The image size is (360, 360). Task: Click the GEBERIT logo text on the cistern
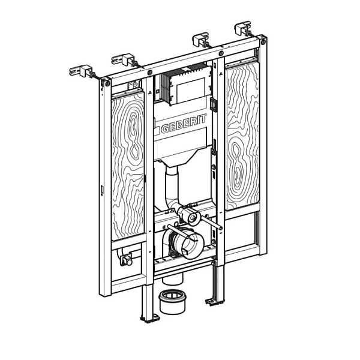(x=184, y=125)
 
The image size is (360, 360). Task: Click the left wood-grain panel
(x=128, y=166)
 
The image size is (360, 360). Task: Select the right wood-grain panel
(x=242, y=136)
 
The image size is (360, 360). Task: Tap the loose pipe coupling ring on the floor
(x=172, y=301)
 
